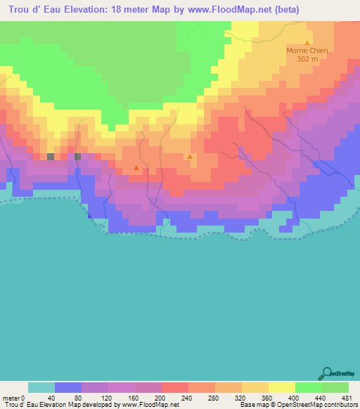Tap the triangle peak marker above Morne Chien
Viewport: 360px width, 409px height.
pyautogui.click(x=308, y=42)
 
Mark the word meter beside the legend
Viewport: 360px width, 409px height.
pyautogui.click(x=11, y=398)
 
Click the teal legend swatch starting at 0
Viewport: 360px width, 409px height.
pyautogui.click(x=41, y=387)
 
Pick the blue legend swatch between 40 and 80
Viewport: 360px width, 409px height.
pyautogui.click(x=68, y=387)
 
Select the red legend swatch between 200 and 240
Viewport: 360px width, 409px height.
pyautogui.click(x=175, y=387)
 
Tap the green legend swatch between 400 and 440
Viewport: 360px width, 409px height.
pyautogui.click(x=309, y=387)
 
